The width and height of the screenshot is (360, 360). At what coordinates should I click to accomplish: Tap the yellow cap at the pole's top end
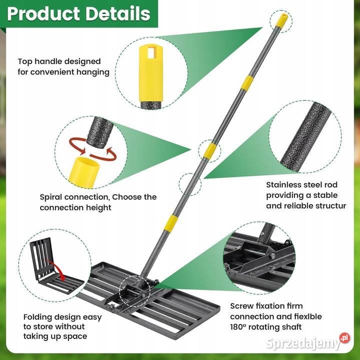point(281,20)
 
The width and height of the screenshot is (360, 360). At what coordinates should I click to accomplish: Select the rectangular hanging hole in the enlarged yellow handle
point(151,53)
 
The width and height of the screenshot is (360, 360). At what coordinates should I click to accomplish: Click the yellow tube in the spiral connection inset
point(84,171)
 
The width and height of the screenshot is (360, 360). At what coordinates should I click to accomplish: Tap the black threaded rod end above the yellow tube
point(100,131)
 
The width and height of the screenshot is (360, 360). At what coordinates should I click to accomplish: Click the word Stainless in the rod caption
point(283,184)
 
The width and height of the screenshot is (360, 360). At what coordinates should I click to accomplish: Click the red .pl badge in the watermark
point(345,337)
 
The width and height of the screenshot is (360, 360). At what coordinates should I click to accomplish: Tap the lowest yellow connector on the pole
point(171,221)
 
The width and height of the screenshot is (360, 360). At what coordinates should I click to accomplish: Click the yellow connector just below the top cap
point(247,83)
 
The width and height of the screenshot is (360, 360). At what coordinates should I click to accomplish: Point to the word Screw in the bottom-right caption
point(242,306)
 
